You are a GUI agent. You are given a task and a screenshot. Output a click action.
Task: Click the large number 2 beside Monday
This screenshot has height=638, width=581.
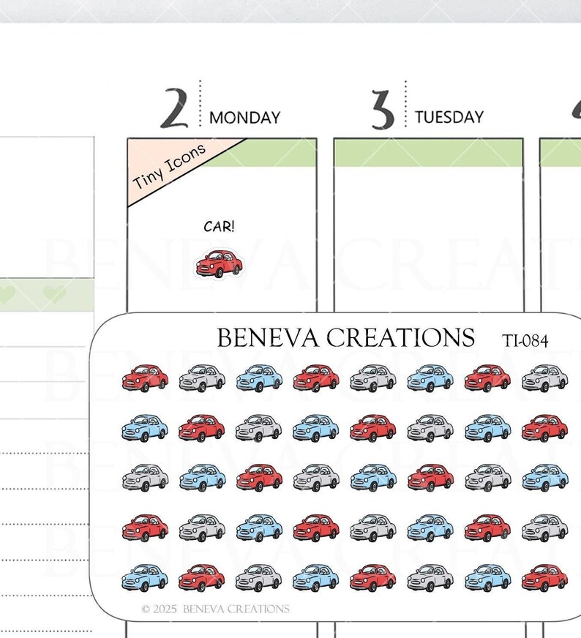175,108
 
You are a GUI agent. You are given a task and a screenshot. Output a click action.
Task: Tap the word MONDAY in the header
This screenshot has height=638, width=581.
245,118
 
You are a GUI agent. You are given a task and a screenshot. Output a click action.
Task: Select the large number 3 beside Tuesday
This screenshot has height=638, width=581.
383,110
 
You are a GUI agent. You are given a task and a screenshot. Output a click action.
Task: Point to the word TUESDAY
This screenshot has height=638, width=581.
449,117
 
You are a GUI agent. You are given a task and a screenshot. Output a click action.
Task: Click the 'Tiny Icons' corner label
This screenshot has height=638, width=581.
169,167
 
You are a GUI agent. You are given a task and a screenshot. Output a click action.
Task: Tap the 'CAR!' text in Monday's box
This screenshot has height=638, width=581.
220,227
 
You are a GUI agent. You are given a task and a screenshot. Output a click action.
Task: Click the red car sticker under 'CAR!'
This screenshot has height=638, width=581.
219,263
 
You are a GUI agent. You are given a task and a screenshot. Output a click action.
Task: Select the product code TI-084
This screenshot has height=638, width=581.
525,341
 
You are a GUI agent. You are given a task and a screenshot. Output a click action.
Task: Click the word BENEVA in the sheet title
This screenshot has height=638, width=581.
268,338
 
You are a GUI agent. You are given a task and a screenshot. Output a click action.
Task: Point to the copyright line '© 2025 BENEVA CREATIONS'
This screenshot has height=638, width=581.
216,609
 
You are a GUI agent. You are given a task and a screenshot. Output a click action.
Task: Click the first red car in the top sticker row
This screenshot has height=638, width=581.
145,378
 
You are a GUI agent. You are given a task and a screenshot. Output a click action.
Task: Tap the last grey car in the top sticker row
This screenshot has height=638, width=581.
545,378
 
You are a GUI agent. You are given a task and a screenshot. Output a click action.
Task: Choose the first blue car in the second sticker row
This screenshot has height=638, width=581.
145,428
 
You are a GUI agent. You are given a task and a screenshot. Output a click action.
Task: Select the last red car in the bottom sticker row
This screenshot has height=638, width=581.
545,578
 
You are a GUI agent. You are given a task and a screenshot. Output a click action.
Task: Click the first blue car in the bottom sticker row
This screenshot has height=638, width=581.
145,578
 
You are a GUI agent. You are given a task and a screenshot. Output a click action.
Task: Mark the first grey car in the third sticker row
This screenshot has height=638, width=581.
145,477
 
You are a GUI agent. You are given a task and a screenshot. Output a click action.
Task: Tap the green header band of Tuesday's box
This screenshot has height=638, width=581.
428,153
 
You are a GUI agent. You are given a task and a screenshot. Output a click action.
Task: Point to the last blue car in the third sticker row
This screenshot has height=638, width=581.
545,477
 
